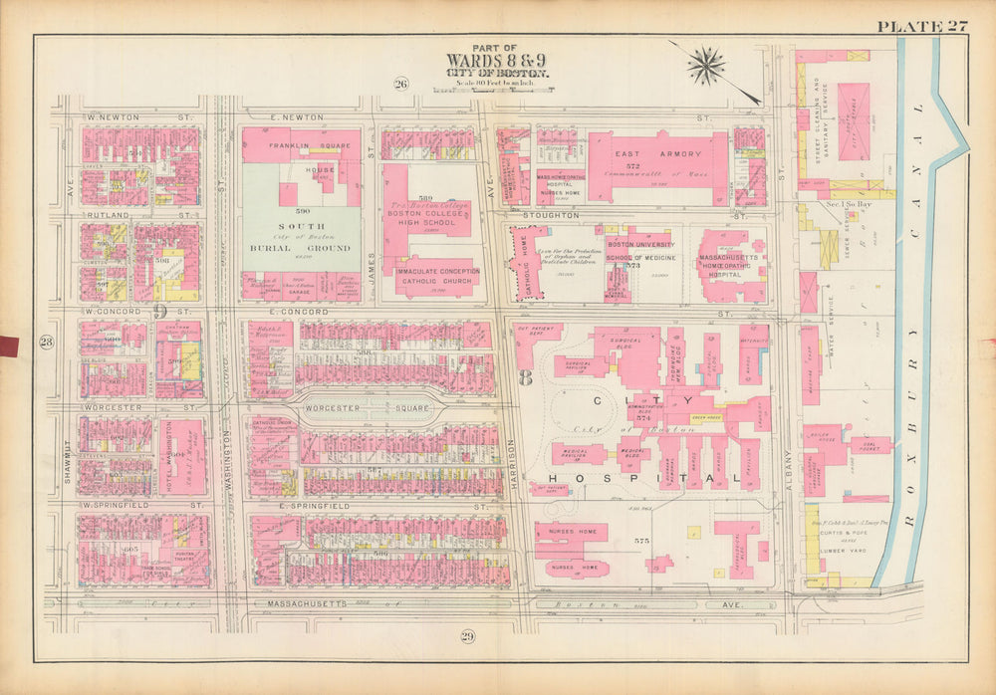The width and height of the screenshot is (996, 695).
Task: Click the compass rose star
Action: coord(706,66)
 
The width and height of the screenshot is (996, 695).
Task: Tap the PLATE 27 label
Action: coord(921,27)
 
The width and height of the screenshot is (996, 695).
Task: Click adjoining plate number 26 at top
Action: coord(400,84)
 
